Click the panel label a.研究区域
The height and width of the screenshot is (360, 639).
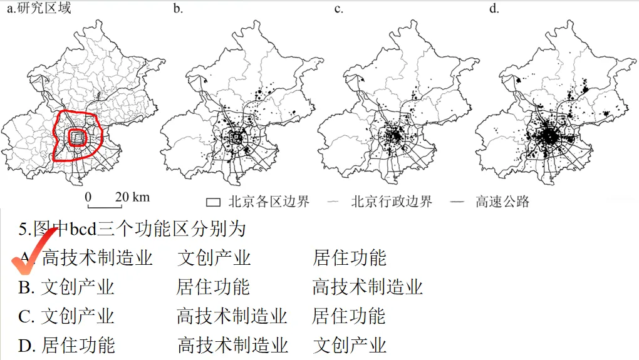coord(38,8)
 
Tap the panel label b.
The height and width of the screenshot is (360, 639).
coord(178,8)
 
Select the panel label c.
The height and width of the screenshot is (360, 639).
coord(338,8)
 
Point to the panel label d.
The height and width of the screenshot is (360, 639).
coord(494,8)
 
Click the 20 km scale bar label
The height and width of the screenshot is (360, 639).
coord(132,197)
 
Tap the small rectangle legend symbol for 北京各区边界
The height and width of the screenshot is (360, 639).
coord(214,202)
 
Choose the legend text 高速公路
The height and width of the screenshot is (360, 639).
coord(502,202)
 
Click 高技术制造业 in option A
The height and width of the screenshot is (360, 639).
coord(97,257)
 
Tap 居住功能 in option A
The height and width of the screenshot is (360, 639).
coord(350,257)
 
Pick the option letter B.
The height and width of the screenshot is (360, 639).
coord(26,287)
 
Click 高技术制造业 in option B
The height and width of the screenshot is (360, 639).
coord(368,287)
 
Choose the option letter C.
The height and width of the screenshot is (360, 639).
coord(26,316)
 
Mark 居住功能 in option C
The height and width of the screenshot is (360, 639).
coord(349,316)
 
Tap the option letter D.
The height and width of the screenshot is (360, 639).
coord(26,345)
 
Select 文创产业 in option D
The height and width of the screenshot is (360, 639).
coord(350,345)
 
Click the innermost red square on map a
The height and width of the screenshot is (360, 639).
coord(77,138)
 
